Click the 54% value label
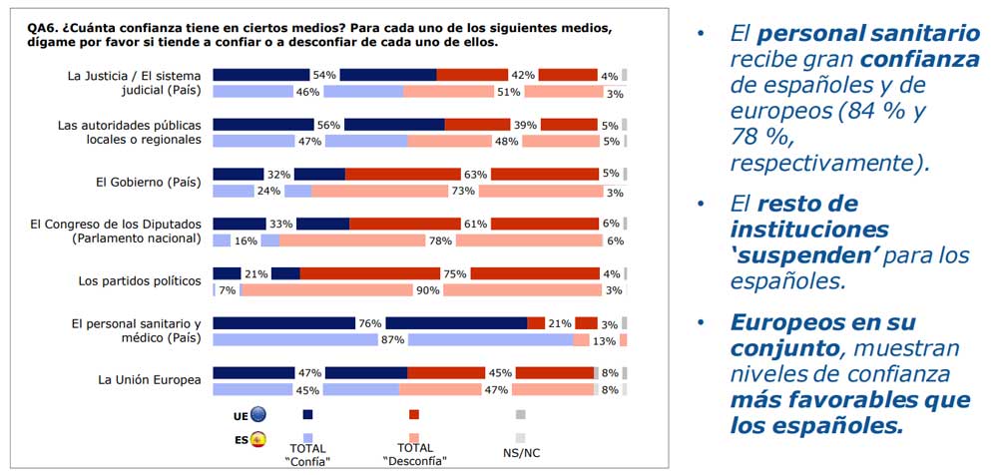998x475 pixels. [x=324, y=75]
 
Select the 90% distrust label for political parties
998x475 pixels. [x=428, y=290]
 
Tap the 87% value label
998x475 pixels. [x=392, y=340]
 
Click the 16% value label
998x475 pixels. [x=246, y=240]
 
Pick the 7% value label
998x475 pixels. [x=227, y=290]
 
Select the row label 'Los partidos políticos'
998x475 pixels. [x=140, y=281]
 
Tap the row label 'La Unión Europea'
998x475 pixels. [x=150, y=380]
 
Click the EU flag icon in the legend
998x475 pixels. [x=258, y=414]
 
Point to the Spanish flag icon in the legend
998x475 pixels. [x=258, y=438]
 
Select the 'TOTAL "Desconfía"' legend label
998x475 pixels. [x=414, y=454]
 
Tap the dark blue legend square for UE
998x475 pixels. [x=307, y=414]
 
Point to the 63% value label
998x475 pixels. [x=475, y=175]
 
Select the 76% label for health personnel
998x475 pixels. [x=370, y=323]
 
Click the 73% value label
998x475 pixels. [x=462, y=191]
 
